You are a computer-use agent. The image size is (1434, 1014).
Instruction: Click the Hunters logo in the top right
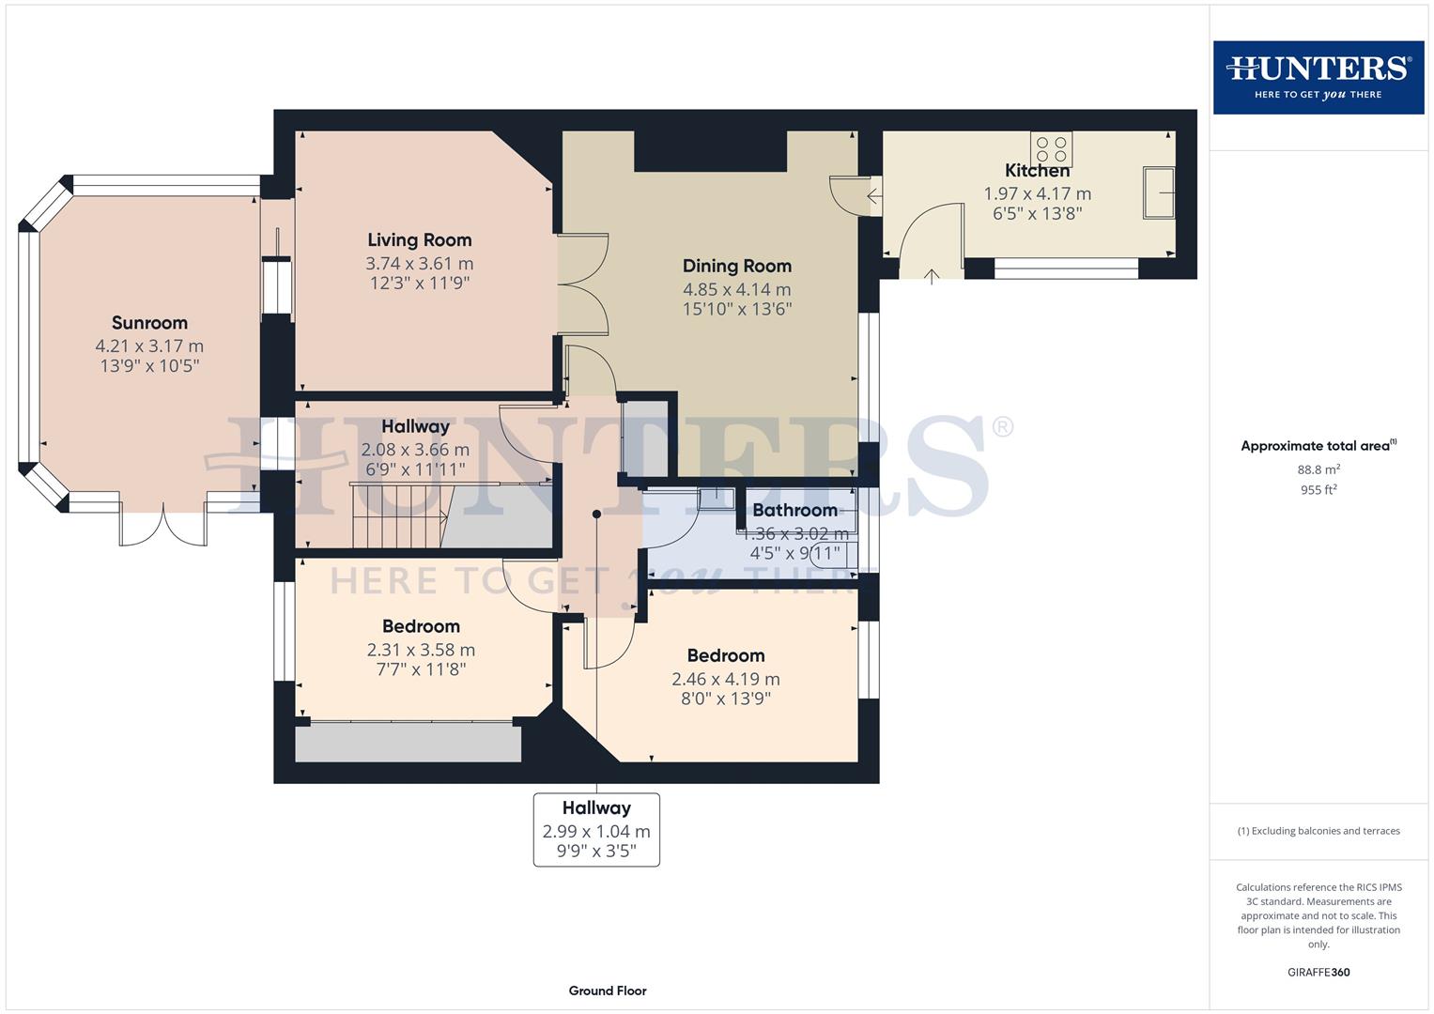(x=1318, y=77)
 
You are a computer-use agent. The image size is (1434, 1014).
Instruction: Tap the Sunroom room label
(x=149, y=323)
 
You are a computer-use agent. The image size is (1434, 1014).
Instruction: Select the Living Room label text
(x=419, y=240)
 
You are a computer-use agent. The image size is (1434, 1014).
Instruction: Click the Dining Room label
(x=736, y=266)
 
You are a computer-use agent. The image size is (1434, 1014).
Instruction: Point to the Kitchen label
(x=1037, y=171)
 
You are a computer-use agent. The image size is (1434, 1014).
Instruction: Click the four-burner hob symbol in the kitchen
(x=1051, y=149)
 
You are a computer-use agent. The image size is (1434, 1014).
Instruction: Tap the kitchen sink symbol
(x=1158, y=192)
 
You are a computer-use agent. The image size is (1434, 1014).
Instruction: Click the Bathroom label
(x=794, y=510)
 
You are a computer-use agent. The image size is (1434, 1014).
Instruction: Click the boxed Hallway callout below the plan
(x=596, y=829)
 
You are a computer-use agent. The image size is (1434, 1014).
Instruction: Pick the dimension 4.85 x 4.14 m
(x=736, y=289)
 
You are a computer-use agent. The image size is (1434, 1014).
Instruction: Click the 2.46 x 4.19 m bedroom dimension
(x=725, y=679)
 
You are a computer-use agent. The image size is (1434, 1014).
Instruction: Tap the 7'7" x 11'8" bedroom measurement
(x=421, y=669)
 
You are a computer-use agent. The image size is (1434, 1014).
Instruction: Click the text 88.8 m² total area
(x=1318, y=469)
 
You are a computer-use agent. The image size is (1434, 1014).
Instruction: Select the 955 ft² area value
(x=1318, y=490)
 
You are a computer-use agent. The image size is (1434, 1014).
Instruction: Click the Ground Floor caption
(x=608, y=991)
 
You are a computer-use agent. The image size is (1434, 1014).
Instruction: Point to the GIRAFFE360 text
(x=1318, y=973)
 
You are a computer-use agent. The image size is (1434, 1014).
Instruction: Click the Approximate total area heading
(x=1318, y=446)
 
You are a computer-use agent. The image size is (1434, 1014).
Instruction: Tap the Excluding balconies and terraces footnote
(x=1318, y=831)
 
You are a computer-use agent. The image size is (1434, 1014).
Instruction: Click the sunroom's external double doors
(x=162, y=526)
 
